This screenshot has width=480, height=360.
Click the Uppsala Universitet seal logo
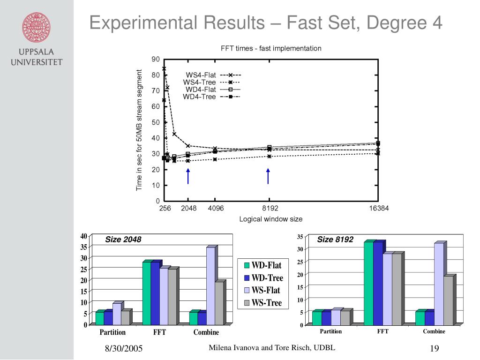point(37,27)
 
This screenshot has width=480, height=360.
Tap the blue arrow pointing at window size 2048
point(188,176)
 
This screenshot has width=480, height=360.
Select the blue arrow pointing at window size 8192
point(269,176)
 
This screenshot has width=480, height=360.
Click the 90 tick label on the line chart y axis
point(156,59)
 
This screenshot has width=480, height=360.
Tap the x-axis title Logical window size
point(271,219)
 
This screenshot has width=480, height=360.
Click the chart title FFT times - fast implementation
point(271,48)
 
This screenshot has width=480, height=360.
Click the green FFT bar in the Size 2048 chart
point(146,293)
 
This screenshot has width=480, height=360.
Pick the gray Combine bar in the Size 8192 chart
point(448,300)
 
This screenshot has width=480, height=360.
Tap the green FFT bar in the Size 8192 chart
point(368,283)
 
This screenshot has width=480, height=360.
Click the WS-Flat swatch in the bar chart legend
point(247,291)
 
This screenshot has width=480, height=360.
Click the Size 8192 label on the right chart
point(335,240)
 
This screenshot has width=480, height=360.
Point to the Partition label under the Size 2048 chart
point(112,332)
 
